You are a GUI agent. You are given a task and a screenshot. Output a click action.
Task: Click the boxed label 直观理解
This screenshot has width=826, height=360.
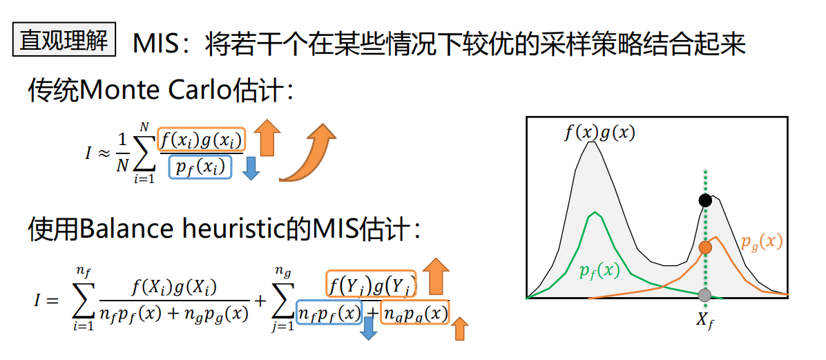[64, 40]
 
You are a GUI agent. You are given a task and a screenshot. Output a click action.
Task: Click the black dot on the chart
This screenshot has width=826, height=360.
[704, 200]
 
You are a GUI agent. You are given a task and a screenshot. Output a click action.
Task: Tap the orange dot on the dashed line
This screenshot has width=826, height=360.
[704, 247]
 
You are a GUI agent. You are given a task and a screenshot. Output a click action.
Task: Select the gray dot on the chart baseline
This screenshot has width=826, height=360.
[704, 296]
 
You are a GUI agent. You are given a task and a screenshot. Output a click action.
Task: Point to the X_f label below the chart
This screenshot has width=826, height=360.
[705, 319]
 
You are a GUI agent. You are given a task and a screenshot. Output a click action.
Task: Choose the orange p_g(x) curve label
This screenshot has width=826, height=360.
[761, 242]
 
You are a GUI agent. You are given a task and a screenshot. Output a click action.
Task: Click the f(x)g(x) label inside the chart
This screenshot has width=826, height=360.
[599, 132]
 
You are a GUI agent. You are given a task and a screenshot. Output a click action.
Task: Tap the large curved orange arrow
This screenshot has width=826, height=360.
[307, 153]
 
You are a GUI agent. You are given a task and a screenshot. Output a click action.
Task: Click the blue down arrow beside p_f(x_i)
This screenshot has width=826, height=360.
[251, 168]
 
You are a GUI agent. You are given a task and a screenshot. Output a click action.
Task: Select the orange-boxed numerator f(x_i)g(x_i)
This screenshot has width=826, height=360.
[201, 140]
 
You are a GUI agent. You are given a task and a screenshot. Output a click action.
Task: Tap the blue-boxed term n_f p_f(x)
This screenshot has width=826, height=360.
[329, 313]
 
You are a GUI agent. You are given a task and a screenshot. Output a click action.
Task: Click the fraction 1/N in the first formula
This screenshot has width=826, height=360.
[122, 153]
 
